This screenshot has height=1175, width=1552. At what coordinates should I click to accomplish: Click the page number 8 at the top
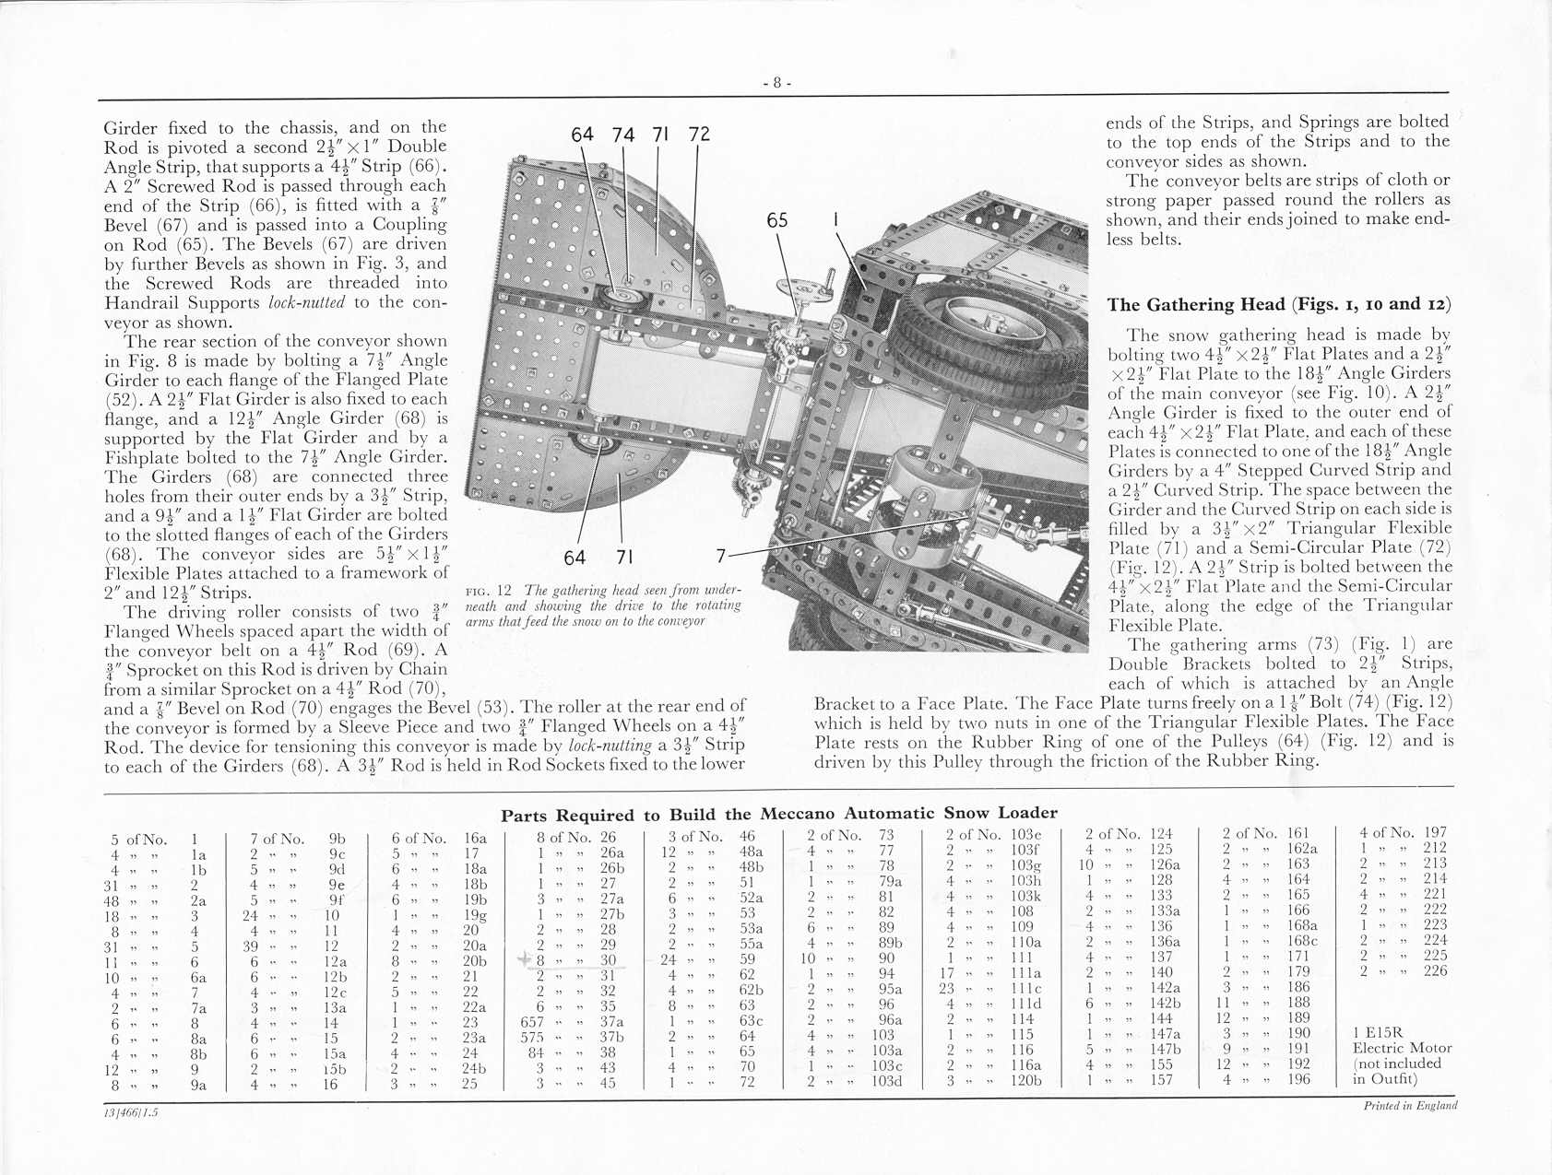[776, 83]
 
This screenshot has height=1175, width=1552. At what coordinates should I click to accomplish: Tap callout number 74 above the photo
[623, 135]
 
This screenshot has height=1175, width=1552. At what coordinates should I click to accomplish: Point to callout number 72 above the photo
[699, 135]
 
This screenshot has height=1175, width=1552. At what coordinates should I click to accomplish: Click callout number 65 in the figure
[777, 221]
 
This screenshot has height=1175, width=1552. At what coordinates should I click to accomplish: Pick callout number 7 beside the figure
[721, 556]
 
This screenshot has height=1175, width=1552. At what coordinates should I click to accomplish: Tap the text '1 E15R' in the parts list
[1378, 1032]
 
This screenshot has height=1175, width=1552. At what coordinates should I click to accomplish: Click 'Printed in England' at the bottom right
[1410, 1106]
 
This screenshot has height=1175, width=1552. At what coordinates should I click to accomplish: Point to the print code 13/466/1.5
[131, 1111]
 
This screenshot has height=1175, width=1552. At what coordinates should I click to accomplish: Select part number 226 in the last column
[1436, 970]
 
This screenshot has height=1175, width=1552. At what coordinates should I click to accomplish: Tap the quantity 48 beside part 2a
[116, 901]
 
